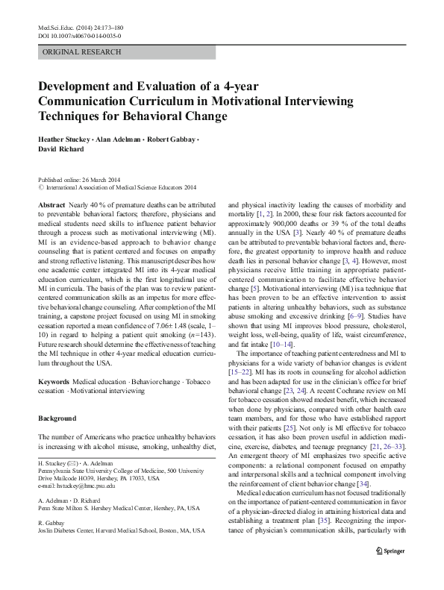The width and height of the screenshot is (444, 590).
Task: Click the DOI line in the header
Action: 79,36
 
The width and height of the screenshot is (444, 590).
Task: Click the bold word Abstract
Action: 51,204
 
